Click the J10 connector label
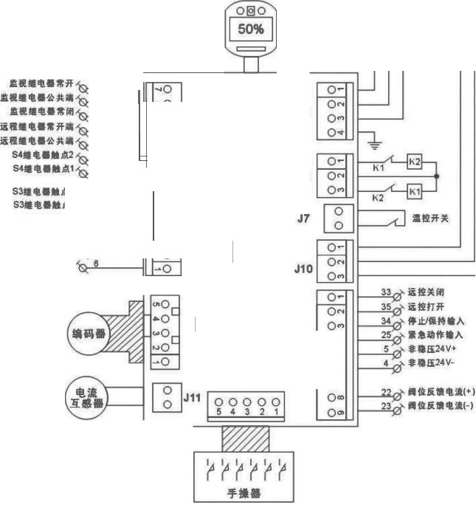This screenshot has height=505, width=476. coord(303,270)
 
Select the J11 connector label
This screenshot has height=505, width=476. coord(192,399)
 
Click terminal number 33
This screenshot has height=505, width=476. coord(386,293)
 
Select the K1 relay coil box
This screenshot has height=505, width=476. coord(415,192)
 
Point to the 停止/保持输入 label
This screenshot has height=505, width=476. coord(435,321)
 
